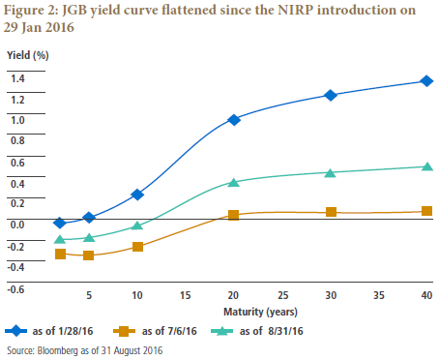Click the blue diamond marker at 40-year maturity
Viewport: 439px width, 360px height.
426,81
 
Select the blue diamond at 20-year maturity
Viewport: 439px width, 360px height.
234,120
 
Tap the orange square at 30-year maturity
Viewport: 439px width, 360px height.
331,212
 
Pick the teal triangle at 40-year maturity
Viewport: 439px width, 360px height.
427,166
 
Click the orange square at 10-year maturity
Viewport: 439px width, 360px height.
137,247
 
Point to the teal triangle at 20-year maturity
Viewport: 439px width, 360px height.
234,182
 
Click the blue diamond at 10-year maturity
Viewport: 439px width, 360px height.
137,195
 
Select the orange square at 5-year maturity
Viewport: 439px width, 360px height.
88,255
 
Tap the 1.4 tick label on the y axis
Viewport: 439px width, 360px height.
17,78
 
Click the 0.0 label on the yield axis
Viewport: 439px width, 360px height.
17,225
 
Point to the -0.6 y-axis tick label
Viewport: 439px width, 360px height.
15,289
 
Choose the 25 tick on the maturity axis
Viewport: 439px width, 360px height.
283,295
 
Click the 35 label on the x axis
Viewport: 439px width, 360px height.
379,295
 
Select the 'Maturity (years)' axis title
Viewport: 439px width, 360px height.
260,312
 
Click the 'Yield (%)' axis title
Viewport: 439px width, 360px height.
28,55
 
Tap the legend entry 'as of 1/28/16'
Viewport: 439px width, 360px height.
49,331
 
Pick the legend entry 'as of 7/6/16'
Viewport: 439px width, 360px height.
155,331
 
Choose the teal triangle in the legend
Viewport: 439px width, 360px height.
221,331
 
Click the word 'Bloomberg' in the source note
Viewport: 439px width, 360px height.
58,350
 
